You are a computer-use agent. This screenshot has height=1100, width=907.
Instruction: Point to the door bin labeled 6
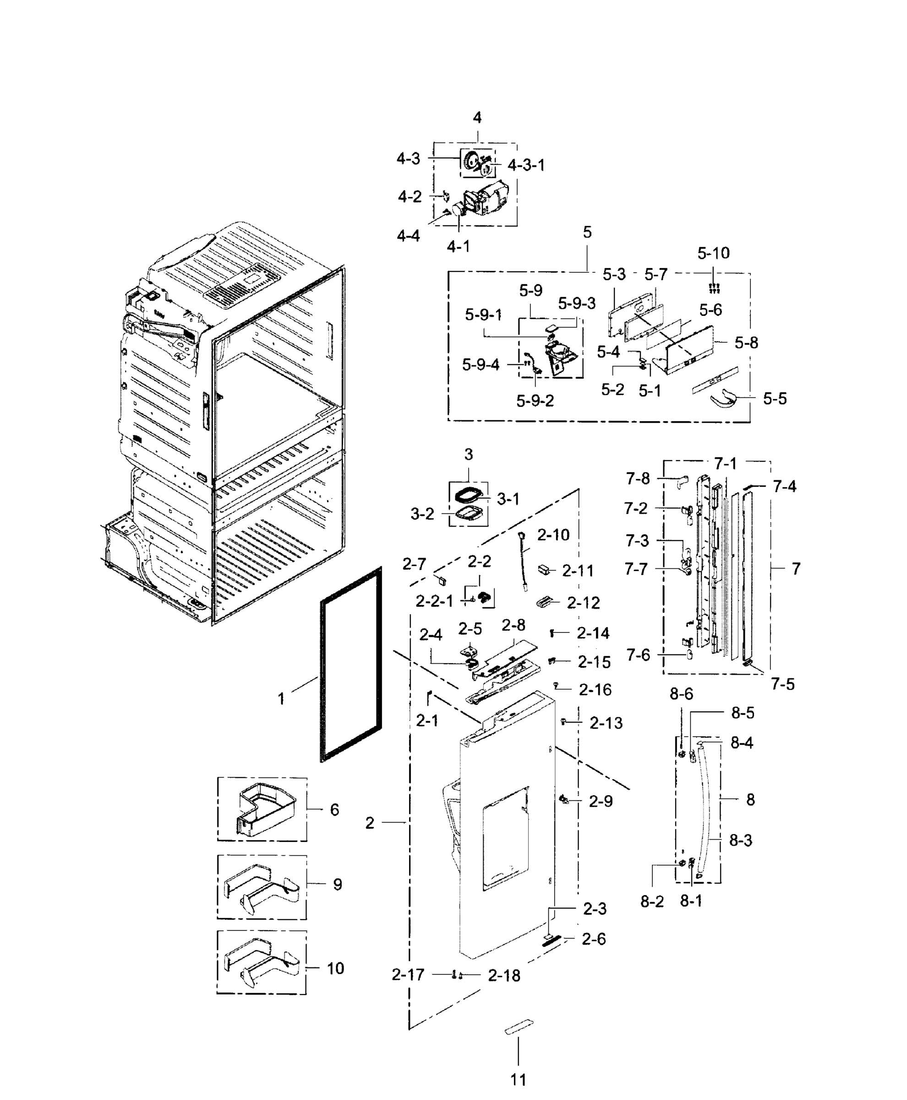click(264, 810)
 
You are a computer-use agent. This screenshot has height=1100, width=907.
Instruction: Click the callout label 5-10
click(713, 253)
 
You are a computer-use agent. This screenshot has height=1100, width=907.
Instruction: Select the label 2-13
click(606, 723)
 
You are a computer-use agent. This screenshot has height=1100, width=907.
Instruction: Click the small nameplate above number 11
click(519, 1026)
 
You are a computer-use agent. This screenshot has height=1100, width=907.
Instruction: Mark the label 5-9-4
click(480, 364)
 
